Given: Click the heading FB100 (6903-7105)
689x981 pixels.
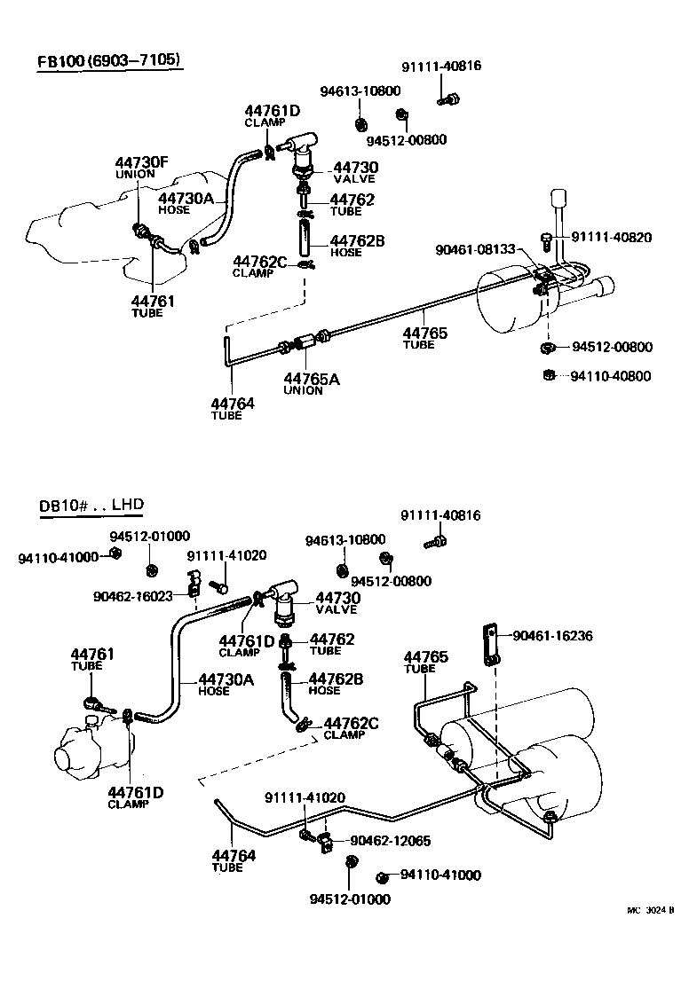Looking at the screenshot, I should click(109, 61).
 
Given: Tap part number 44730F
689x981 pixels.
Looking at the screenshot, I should click(140, 162).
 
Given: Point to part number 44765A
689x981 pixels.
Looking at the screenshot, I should click(312, 379).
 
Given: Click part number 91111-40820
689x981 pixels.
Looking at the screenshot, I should click(611, 237).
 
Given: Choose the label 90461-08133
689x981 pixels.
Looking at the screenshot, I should click(475, 250).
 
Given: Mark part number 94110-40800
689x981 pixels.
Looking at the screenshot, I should click(611, 376).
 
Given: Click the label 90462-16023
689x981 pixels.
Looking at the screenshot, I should click(133, 596).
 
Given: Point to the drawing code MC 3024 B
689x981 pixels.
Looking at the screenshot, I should click(652, 910).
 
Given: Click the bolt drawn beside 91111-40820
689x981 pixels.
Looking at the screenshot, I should click(548, 237).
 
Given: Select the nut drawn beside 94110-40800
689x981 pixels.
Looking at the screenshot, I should click(550, 375).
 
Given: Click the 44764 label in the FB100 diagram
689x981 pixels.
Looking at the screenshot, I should click(233, 404).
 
